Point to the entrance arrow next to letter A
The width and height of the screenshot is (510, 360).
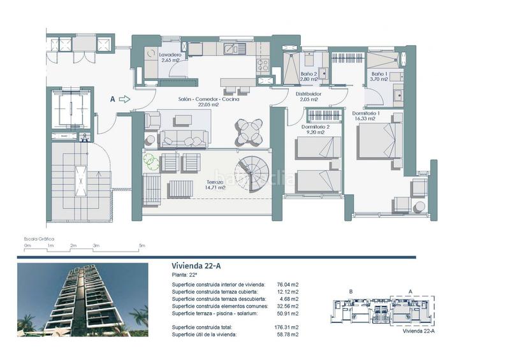pos(124,99)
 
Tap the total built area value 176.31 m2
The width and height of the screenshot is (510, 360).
pos(288,327)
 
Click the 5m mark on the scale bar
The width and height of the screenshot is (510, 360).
pos(142,245)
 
